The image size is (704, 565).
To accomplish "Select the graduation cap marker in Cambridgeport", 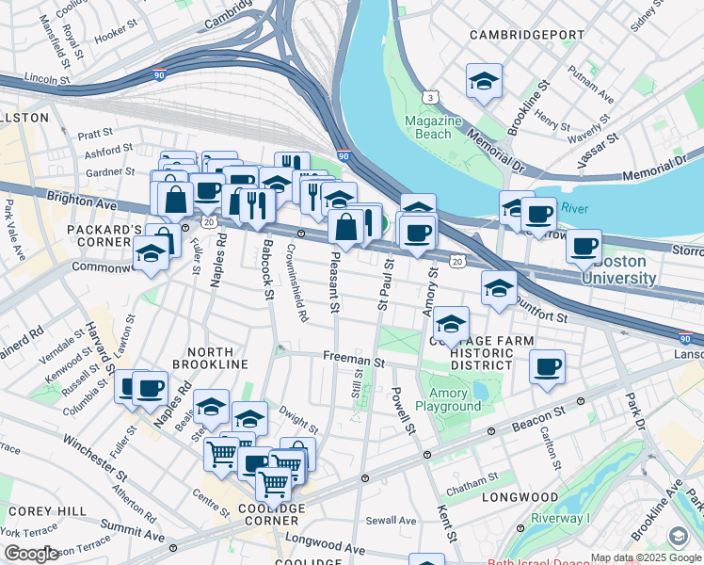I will coord(484,82).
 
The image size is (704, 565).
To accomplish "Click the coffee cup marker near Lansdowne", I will coord(547,367).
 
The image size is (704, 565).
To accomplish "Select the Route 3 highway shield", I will coord(431,97).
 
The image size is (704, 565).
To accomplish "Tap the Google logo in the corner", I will coord(31,554).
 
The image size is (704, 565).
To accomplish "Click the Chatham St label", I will coord(472,488).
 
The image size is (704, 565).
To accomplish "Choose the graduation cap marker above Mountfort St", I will coord(499,288).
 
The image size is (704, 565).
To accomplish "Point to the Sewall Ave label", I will coord(391,520).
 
